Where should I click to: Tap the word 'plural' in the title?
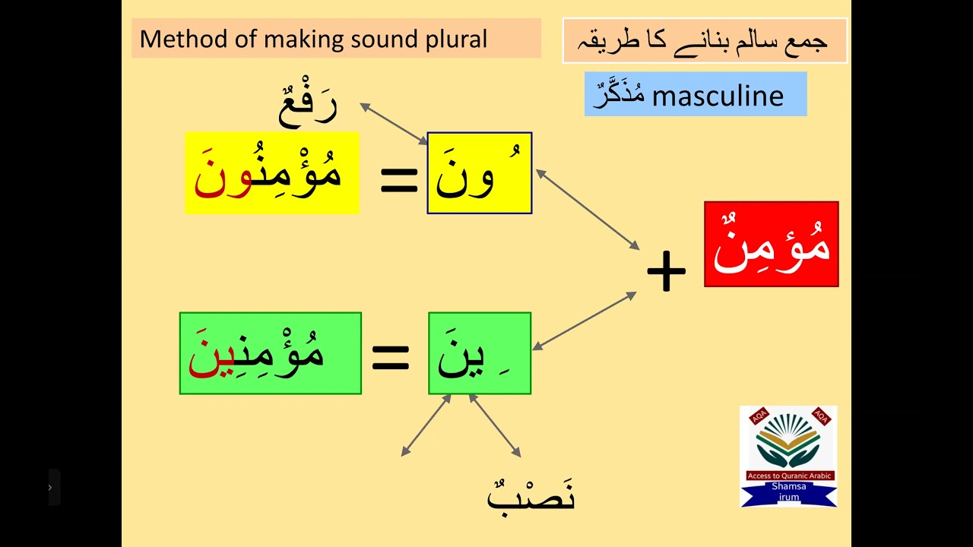(x=458, y=40)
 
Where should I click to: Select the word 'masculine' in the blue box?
(x=718, y=95)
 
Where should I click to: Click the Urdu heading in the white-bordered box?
(x=705, y=40)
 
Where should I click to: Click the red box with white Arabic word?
(x=771, y=244)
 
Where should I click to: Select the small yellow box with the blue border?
(x=479, y=173)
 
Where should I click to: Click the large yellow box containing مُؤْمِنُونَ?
(x=271, y=173)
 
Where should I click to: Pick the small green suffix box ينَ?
(x=479, y=353)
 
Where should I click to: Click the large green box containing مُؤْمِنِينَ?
(x=270, y=353)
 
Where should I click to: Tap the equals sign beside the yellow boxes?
(x=398, y=180)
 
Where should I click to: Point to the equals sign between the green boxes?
(x=390, y=357)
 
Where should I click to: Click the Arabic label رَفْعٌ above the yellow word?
(x=307, y=106)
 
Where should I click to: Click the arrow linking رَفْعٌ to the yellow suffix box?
(x=395, y=124)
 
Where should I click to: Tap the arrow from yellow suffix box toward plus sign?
(x=588, y=210)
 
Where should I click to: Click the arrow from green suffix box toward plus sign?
(x=584, y=321)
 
